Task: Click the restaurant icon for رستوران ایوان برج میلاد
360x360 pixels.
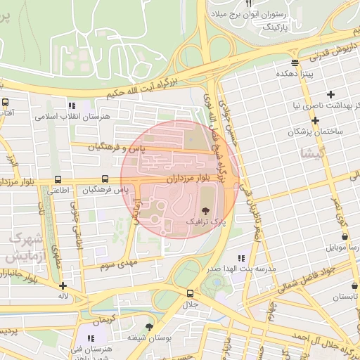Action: tap(247, 4)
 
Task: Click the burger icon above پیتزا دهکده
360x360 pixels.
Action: tap(295, 62)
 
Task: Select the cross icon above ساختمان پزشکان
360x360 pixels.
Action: tap(316, 120)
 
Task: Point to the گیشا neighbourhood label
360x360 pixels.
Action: tap(311, 153)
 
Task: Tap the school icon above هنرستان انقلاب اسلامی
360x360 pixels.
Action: tap(72, 105)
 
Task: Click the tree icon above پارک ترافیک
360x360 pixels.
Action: tap(206, 210)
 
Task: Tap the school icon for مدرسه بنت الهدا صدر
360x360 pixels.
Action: tap(242, 258)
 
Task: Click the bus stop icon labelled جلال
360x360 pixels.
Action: tap(190, 293)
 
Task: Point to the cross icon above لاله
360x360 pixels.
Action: tap(63, 285)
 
